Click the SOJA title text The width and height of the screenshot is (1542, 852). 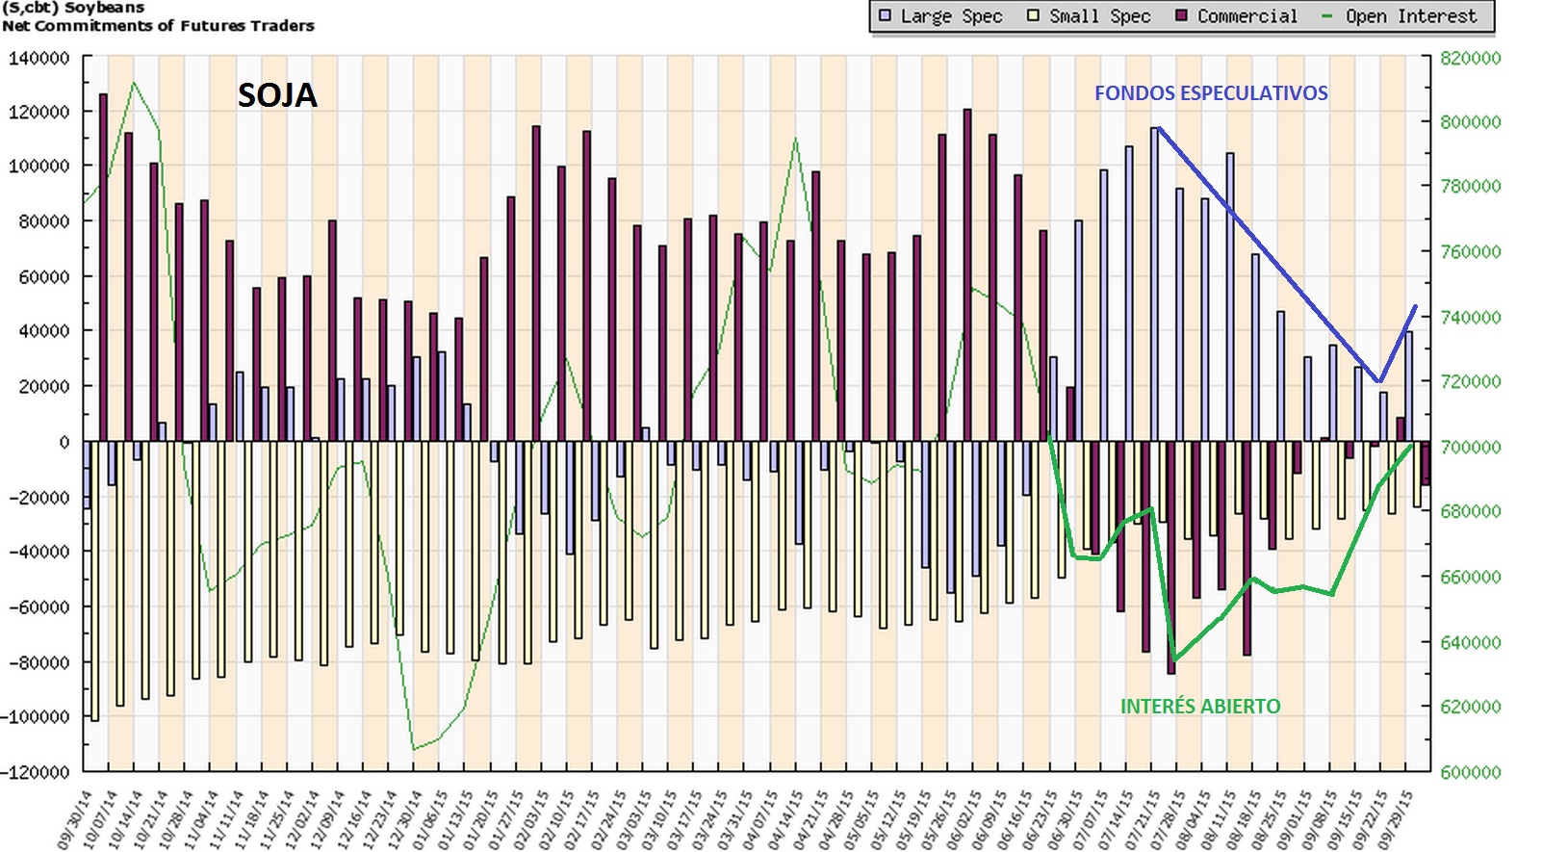277,95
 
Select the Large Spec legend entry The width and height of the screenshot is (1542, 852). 940,16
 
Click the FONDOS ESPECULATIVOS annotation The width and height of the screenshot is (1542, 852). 1211,93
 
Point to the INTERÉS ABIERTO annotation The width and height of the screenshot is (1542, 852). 1200,707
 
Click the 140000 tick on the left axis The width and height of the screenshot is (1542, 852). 39,58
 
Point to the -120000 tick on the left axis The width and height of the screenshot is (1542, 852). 37,772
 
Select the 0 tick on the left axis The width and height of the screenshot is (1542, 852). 64,442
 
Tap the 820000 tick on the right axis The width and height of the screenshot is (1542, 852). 1470,58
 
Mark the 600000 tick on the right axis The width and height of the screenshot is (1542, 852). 1470,772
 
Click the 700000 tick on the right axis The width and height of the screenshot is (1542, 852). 1470,447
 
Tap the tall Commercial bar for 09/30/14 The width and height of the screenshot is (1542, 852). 103,268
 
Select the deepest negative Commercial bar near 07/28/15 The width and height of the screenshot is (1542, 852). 1171,557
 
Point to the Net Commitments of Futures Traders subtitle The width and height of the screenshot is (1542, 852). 158,26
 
